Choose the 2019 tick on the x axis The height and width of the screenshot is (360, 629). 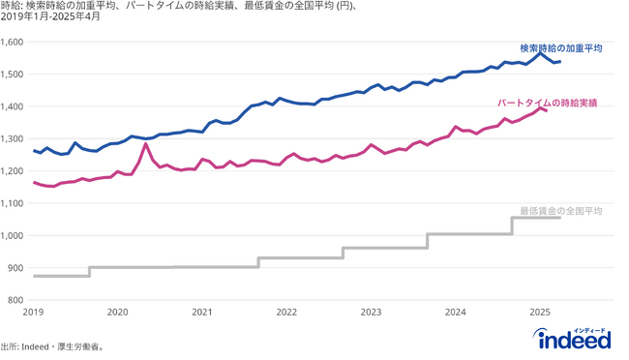pyautogui.click(x=33, y=313)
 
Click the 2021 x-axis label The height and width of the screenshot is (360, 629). pyautogui.click(x=202, y=313)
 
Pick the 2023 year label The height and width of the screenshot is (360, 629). pyautogui.click(x=371, y=313)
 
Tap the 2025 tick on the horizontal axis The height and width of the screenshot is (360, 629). pyautogui.click(x=540, y=313)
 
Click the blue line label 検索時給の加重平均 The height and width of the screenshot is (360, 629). pyautogui.click(x=560, y=47)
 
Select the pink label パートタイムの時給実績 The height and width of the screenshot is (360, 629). pyautogui.click(x=548, y=102)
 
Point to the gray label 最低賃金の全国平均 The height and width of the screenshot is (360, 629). pyautogui.click(x=561, y=210)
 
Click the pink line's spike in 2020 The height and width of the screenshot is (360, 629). pyautogui.click(x=145, y=144)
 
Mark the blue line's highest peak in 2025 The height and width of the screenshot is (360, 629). pyautogui.click(x=540, y=52)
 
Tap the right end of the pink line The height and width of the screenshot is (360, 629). pyautogui.click(x=547, y=111)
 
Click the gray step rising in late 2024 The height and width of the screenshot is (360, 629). pyautogui.click(x=512, y=225)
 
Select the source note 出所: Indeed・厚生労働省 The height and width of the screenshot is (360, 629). pyautogui.click(x=52, y=346)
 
